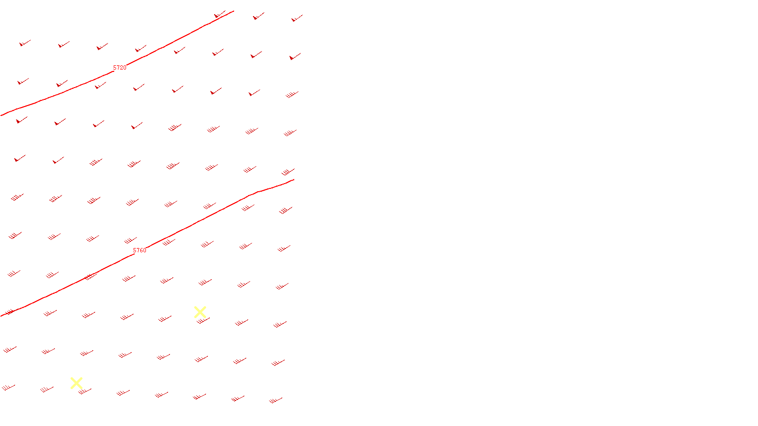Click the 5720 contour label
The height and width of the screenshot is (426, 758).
119,68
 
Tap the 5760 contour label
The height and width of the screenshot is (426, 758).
139,250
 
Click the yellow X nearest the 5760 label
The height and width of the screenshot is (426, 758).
200,312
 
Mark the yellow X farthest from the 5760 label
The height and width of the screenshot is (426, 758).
76,383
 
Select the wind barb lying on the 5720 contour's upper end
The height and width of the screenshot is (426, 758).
219,15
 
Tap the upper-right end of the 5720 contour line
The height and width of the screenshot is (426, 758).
233,11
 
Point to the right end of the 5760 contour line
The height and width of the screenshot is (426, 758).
294,180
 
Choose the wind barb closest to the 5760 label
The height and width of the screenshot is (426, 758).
130,240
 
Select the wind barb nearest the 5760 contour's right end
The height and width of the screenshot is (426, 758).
288,172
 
